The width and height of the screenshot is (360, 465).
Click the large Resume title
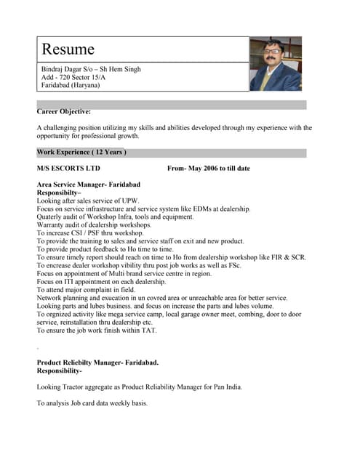point(68,49)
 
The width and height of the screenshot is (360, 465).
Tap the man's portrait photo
point(275,64)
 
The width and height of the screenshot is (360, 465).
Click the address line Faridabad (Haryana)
point(71,85)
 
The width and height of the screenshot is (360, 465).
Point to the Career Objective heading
point(64,112)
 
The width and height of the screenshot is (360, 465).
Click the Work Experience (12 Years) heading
point(81,153)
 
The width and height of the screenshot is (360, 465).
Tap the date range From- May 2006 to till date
point(208,169)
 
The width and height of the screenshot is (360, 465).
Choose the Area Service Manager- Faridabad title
point(88,185)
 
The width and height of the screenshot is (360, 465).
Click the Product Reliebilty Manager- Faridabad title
point(97,362)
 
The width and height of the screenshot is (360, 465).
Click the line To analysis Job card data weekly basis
point(92,403)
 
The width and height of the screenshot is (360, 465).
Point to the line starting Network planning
point(162,298)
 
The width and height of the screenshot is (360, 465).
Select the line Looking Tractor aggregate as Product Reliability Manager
point(140,387)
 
